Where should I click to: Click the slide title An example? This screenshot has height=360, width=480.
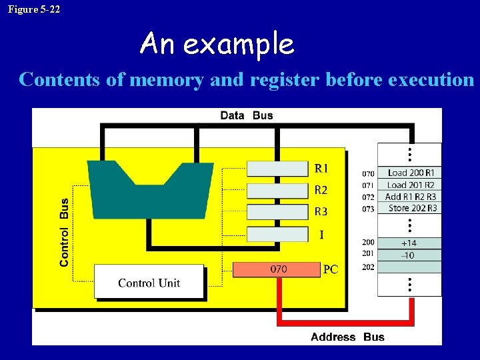coord(217,45)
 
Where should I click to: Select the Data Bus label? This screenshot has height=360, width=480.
coord(247,115)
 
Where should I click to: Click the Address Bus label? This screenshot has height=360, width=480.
coord(347,337)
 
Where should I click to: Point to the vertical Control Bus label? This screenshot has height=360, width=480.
coord(64,232)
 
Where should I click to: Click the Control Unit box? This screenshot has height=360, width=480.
coord(149,282)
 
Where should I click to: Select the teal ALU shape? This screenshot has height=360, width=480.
coord(150,186)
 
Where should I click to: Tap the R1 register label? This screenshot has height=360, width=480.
coord(321,168)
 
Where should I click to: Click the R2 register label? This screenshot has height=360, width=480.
coord(321,190)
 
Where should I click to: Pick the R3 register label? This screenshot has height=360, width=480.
coord(321,212)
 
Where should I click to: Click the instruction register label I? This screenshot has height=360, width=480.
coord(321,235)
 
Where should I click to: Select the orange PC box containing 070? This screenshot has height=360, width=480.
coord(277,269)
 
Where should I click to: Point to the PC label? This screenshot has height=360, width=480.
coord(331,270)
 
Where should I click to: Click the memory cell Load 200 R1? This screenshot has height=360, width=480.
coord(410,173)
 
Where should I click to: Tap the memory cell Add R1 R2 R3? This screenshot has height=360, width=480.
coord(410,197)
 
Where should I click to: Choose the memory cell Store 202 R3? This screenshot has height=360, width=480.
coord(410,208)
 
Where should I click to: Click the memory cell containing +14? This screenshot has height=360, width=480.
coord(409,243)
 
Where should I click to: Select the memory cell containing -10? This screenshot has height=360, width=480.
coord(409,255)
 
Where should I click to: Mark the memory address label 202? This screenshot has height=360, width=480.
coord(368,267)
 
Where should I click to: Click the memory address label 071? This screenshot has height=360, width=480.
coord(368,185)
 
